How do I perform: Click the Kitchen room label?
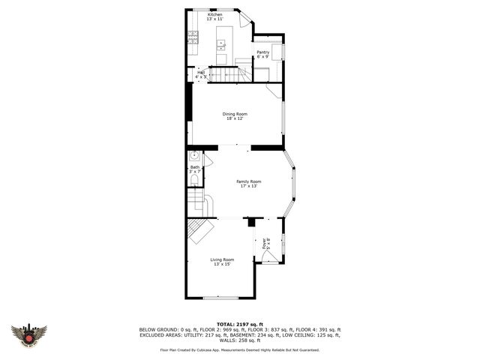click(215, 14)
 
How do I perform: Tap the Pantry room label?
click(262, 52)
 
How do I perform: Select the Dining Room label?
click(234, 113)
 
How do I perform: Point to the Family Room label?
click(249, 181)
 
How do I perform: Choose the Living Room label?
click(222, 259)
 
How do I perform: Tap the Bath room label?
click(194, 167)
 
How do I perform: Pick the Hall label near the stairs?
click(201, 73)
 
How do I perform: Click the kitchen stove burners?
click(193, 38)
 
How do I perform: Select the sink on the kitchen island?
click(223, 44)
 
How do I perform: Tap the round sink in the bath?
click(193, 156)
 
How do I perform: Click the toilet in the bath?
click(193, 181)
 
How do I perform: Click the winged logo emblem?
click(29, 334)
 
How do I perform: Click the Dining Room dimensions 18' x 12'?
click(234, 118)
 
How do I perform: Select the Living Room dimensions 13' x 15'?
click(222, 265)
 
